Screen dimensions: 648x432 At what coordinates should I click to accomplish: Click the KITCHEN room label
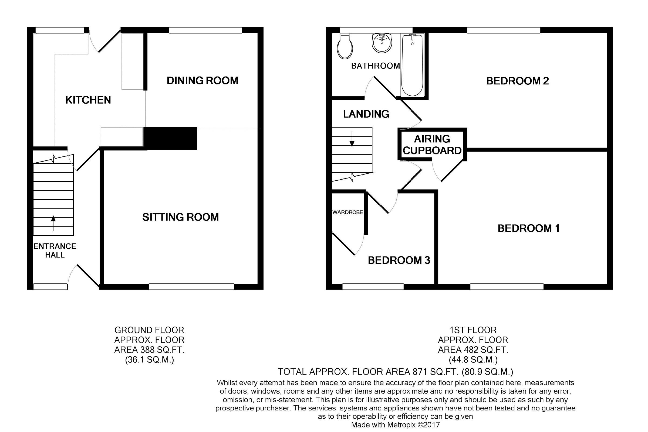tap(88, 100)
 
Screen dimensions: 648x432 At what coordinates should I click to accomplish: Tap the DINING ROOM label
tap(202, 80)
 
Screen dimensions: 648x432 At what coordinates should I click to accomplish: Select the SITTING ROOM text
tap(180, 217)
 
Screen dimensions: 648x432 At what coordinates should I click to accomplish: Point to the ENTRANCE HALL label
tap(55, 251)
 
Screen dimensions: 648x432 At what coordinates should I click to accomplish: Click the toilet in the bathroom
tap(345, 46)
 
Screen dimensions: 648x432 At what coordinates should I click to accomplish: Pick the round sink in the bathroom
tap(382, 43)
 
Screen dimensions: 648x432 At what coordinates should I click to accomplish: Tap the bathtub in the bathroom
tap(412, 65)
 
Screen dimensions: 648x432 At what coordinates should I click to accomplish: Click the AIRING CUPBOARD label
tap(432, 145)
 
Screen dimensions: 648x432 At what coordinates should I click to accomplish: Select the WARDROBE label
tap(347, 212)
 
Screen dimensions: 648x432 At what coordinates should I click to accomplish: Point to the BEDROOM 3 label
tap(399, 260)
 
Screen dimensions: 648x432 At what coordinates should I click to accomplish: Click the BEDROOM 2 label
tap(518, 81)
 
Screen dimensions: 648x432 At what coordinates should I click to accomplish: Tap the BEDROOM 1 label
tap(529, 228)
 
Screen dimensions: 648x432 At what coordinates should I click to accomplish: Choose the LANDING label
tap(366, 114)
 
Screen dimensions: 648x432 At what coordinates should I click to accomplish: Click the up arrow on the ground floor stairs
tap(53, 224)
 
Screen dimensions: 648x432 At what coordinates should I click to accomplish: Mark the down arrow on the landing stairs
tap(352, 139)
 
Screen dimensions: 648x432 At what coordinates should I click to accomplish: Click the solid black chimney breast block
tap(170, 138)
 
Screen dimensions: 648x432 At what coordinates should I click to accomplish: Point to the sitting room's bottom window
tap(191, 287)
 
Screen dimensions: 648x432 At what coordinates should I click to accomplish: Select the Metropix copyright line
tap(395, 425)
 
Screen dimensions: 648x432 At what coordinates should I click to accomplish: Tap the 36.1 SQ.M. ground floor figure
tap(150, 360)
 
